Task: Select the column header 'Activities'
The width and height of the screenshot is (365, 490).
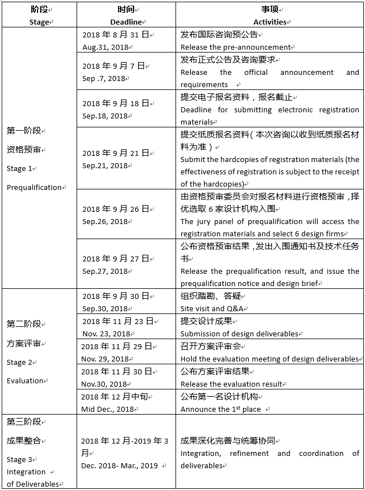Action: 270,22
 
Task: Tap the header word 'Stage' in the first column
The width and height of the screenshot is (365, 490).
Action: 39,22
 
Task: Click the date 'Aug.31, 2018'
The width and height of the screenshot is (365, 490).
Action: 106,47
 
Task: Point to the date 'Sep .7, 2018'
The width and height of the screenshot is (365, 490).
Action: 105,78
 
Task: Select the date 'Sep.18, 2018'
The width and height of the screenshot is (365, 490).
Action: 105,116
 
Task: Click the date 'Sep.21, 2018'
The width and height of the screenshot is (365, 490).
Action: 105,165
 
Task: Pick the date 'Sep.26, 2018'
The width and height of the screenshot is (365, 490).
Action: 105,221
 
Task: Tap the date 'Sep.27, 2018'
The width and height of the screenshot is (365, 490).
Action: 105,271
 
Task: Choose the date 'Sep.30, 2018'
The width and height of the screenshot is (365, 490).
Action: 105,308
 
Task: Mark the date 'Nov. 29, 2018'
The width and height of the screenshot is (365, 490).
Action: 106,359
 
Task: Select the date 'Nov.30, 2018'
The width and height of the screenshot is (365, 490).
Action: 105,384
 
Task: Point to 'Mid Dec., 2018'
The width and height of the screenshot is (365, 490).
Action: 108,409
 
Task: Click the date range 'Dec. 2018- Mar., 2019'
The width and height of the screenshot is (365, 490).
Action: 119,465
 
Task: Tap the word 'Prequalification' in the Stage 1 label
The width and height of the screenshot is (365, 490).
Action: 34,187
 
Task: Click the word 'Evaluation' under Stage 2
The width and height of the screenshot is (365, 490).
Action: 25,380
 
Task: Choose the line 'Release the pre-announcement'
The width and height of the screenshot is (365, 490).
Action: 235,47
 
